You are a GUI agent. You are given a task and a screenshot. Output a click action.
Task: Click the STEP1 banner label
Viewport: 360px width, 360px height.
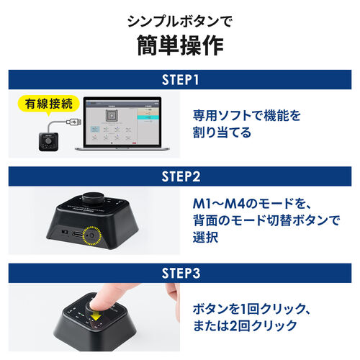point(179,80)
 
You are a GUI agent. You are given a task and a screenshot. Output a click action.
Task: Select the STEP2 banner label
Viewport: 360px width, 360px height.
point(179,176)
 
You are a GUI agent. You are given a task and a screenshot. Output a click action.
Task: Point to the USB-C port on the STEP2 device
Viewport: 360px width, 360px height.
point(69,235)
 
